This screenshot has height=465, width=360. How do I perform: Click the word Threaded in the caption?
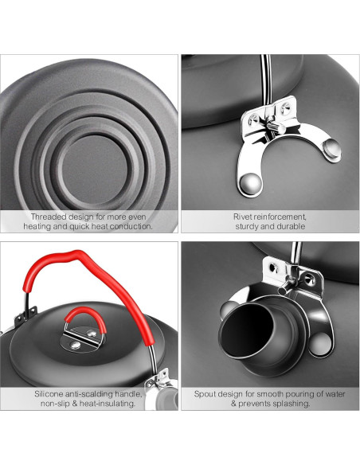[x=49, y=217]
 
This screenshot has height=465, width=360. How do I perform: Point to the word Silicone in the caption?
[x=49, y=394]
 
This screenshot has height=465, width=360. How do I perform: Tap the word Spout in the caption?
[x=204, y=394]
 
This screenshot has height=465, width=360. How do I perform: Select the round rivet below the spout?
[x=320, y=344]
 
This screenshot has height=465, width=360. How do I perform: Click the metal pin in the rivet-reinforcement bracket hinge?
[x=276, y=127]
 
